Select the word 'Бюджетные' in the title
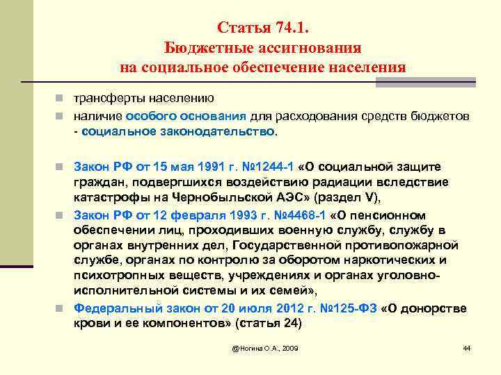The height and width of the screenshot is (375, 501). [x=198, y=48]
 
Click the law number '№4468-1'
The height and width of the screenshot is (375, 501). [x=301, y=215]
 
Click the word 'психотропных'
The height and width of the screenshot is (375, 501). [x=111, y=276]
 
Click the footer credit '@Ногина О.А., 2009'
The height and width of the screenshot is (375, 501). [x=267, y=347]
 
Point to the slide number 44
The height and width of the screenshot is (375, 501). [x=467, y=347]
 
